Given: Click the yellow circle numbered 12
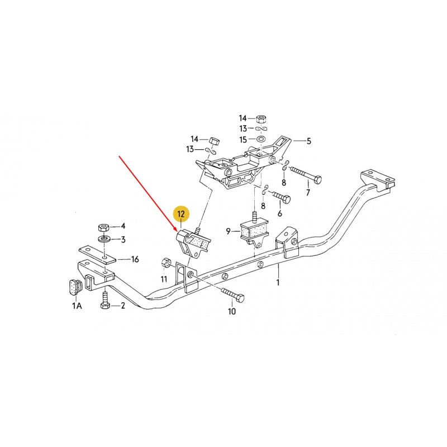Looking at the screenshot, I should point(180,214).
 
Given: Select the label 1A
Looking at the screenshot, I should point(77,306).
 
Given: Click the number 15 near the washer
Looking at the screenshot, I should point(242,139).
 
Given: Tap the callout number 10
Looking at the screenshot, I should point(231,311).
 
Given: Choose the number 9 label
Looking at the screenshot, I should point(229,231).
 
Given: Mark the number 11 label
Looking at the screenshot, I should point(164,278).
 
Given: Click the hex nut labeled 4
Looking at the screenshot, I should point(103,227).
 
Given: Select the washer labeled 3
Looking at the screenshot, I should point(104,240).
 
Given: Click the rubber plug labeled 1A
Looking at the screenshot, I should point(73,286).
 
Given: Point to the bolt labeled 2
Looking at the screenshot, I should point(104,302).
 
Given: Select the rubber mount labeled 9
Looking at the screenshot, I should point(255,230).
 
